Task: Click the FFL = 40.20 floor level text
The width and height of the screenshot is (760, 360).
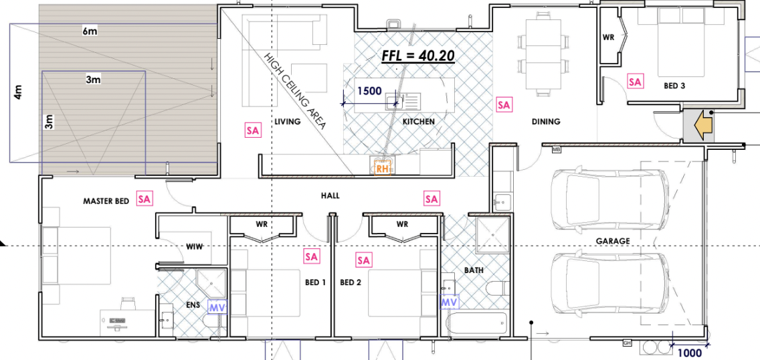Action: click(x=418, y=56)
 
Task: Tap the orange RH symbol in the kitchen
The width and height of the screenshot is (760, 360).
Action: click(x=383, y=169)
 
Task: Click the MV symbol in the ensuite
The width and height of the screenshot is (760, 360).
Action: click(x=217, y=306)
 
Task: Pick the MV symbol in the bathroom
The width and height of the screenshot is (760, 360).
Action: click(x=450, y=302)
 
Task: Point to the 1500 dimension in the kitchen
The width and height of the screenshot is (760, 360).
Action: click(x=369, y=90)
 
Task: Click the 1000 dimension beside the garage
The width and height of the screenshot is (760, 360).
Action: click(x=690, y=353)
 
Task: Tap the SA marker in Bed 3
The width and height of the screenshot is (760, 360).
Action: click(x=635, y=82)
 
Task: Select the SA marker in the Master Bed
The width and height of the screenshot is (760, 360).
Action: click(x=145, y=198)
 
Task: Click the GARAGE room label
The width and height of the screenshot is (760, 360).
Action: click(x=613, y=241)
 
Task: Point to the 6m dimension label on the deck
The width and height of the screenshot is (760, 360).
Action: click(x=90, y=31)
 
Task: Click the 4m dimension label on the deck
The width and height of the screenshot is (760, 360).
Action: click(x=19, y=92)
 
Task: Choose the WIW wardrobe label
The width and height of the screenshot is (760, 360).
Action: click(x=195, y=247)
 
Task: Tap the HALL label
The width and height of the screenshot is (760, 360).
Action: click(x=330, y=196)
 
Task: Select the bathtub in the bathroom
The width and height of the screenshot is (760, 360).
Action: click(x=478, y=324)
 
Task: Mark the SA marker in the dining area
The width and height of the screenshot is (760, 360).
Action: click(x=504, y=104)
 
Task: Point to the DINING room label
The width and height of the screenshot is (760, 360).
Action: click(x=546, y=122)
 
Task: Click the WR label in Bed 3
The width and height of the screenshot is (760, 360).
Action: click(x=609, y=37)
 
